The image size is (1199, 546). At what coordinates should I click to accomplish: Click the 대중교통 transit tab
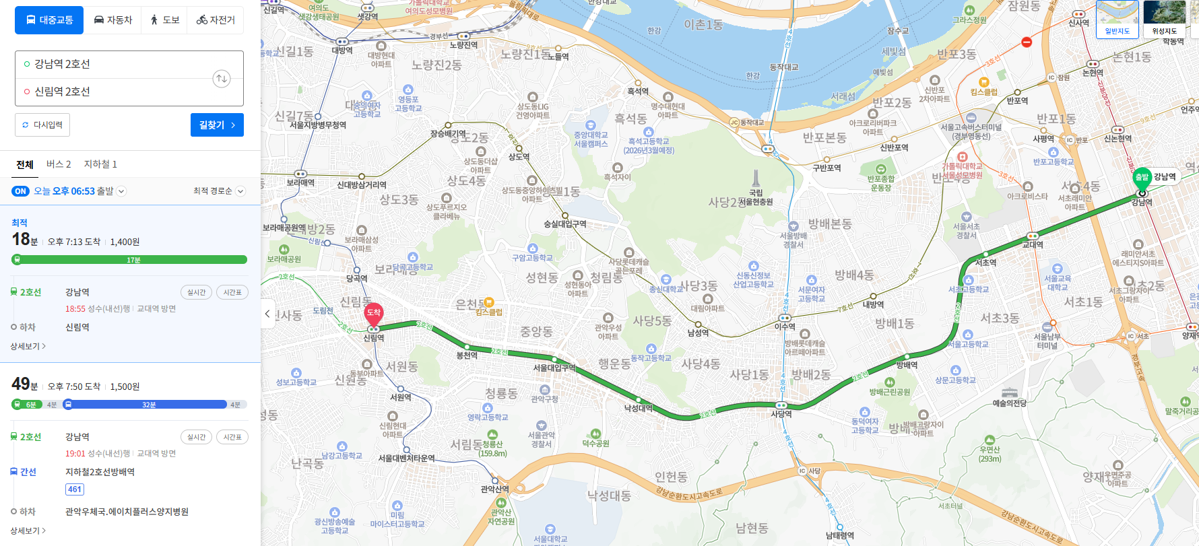tap(49, 20)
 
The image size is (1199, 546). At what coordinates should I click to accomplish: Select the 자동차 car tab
tap(112, 20)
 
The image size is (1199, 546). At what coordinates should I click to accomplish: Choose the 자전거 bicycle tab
tap(216, 20)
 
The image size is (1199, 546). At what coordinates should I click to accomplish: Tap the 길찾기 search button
tap(217, 125)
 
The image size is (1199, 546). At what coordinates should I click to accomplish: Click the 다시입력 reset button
tap(42, 125)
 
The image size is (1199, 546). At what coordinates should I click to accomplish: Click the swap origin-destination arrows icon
tap(222, 79)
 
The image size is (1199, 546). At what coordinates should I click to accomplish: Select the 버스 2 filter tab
tap(59, 164)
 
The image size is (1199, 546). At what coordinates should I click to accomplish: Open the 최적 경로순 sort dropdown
tap(219, 191)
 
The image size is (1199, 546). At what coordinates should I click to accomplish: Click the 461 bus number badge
tap(75, 489)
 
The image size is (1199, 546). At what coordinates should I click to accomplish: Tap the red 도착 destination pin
tap(374, 312)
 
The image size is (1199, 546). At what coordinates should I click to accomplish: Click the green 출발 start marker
tap(1142, 177)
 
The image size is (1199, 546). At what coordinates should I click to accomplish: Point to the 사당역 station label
tap(781, 414)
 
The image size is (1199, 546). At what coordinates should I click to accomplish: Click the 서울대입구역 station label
tap(554, 368)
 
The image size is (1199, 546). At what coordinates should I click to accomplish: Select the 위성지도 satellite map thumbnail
tap(1164, 19)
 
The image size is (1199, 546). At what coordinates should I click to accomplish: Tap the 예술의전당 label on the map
tap(1009, 403)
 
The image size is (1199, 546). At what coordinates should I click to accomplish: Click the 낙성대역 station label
tap(638, 408)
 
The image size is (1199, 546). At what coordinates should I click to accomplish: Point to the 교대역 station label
tap(1033, 244)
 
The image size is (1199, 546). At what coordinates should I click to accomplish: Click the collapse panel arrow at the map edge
tap(267, 314)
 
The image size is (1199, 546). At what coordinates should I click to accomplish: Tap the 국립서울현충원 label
tap(756, 197)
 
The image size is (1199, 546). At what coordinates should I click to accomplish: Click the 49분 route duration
tap(24, 384)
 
